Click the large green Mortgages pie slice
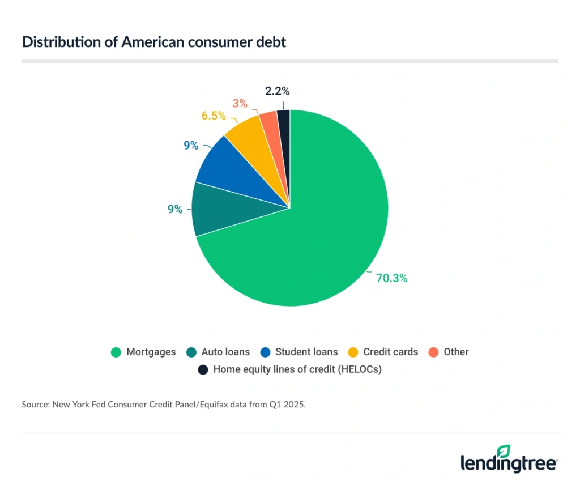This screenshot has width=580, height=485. [317, 238]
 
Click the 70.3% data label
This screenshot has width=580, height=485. [391, 278]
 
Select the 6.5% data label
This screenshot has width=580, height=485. [214, 116]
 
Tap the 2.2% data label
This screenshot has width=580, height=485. [277, 91]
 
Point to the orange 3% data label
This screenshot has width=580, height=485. [240, 103]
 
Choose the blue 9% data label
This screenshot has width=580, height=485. [191, 146]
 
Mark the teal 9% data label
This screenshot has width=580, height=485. [175, 209]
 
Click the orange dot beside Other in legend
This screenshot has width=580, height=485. [433, 352]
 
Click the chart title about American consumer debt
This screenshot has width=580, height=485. [154, 42]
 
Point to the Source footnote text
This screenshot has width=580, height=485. [164, 405]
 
